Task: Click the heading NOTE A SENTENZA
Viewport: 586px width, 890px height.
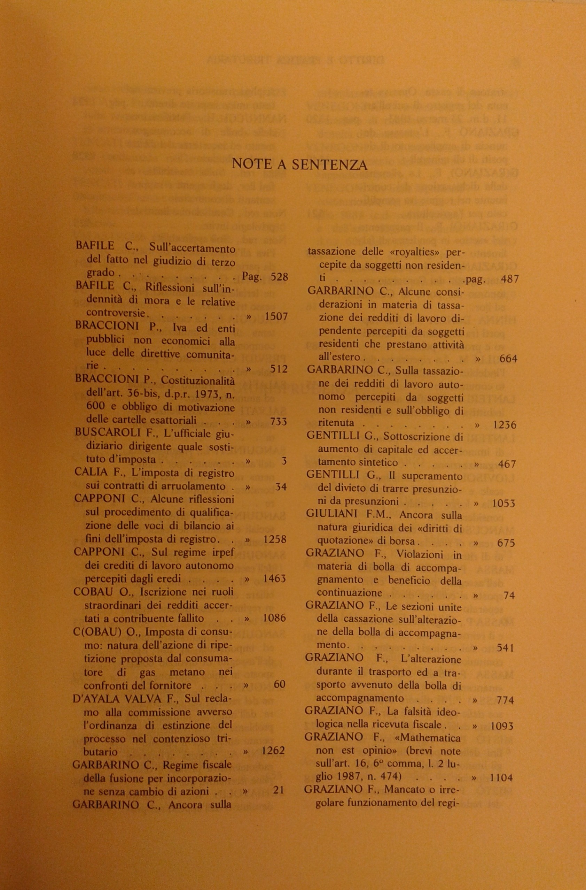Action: point(299,164)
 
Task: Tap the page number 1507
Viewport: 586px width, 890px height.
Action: point(276,316)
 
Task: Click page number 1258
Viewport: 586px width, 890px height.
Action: point(275,539)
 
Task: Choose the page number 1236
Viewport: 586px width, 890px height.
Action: point(505,425)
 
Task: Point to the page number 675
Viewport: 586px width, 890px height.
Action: point(506,543)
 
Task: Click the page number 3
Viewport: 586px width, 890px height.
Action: point(284,461)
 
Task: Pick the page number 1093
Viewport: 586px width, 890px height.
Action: point(502,726)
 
